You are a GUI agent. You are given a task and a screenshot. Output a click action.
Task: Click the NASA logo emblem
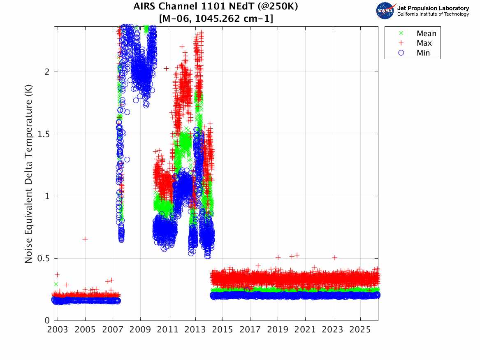(x=386, y=11)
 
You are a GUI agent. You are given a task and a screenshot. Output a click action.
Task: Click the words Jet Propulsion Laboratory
(x=433, y=8)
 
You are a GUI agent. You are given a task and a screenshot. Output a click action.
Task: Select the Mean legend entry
(x=426, y=34)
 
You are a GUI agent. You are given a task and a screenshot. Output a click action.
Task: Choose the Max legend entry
(x=424, y=43)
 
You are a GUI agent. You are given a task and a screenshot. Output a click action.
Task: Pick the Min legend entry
(x=423, y=53)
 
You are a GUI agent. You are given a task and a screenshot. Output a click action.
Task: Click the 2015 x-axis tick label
(x=223, y=330)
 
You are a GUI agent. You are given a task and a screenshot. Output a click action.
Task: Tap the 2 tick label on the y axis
(x=47, y=72)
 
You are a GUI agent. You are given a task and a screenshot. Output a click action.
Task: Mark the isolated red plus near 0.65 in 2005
(x=85, y=239)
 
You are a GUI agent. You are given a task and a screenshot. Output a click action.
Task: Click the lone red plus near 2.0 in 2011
(x=166, y=68)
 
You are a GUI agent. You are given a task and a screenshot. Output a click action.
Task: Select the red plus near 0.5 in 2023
(x=334, y=258)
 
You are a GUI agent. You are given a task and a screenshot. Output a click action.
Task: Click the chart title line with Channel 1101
(x=216, y=7)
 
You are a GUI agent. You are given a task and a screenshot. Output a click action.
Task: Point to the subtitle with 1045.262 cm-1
(x=216, y=19)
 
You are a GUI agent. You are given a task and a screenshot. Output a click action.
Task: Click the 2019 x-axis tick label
(x=278, y=330)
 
